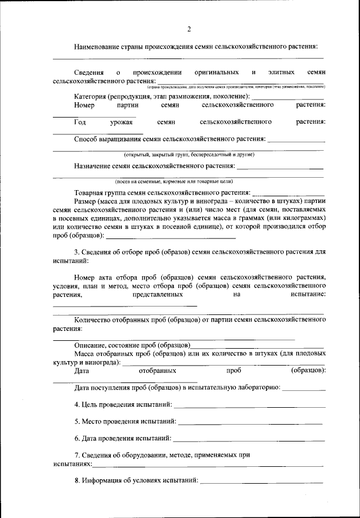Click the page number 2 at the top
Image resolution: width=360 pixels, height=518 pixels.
(x=189, y=29)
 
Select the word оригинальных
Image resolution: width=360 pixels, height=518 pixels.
(x=217, y=73)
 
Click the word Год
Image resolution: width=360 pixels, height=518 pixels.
(x=80, y=121)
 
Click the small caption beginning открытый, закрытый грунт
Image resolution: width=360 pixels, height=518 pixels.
(x=189, y=154)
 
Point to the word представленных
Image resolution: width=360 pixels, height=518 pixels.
(x=158, y=294)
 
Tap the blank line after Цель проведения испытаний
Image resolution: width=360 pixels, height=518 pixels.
(x=250, y=405)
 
